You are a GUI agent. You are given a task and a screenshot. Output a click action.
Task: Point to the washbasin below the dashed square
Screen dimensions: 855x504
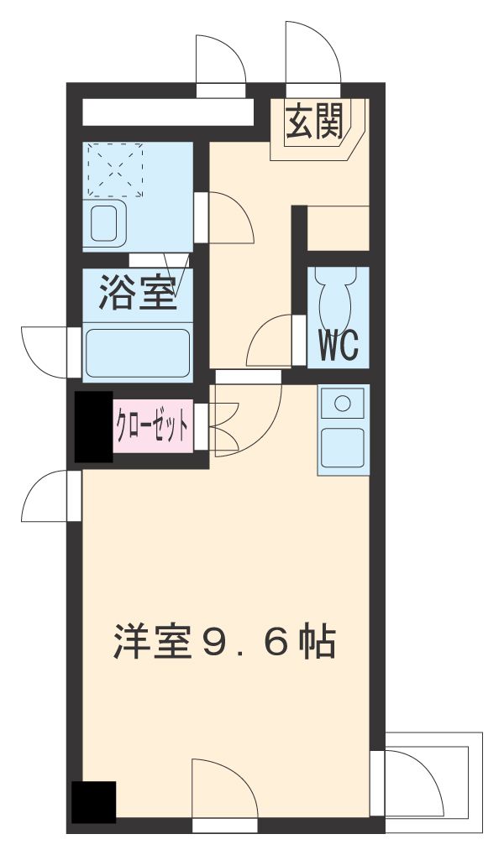coord(107,222)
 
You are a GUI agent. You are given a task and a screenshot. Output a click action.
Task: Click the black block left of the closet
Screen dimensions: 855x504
coord(92,426)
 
